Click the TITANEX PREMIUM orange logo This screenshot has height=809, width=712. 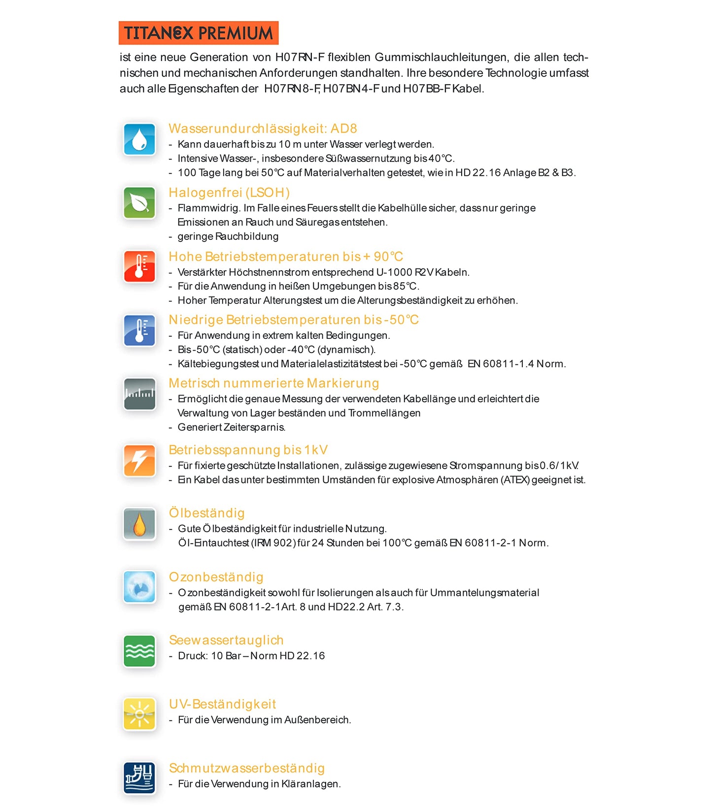click(199, 33)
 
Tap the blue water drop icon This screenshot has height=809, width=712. click(139, 139)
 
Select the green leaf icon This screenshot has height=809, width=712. click(139, 203)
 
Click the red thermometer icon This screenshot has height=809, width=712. click(139, 266)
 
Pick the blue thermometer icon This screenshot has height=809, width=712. click(139, 330)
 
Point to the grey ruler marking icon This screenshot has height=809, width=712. click(139, 394)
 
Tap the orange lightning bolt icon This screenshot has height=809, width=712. click(139, 460)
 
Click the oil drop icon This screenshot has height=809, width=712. click(139, 524)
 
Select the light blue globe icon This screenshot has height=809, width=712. click(139, 587)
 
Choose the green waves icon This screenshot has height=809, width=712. click(139, 651)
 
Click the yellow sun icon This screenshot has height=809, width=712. click(139, 714)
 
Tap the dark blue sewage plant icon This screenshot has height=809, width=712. click(139, 778)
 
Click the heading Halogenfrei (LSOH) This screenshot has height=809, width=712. click(229, 193)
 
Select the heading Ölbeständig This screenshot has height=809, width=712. click(206, 513)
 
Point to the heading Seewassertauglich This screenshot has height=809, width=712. click(226, 640)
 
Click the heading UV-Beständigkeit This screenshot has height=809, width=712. click(222, 704)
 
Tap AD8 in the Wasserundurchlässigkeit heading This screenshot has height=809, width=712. click(343, 129)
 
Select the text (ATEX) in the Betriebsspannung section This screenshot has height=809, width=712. click(515, 480)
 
